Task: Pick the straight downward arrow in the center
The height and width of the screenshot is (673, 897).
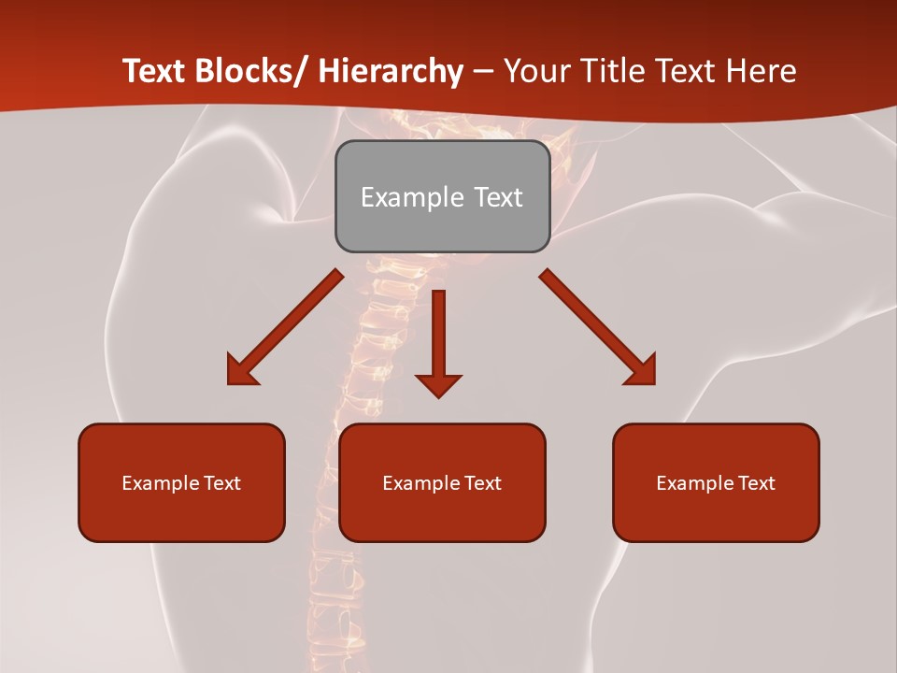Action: click(439, 341)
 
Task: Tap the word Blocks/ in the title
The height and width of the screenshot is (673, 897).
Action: click(254, 71)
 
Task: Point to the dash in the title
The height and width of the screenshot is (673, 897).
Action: click(483, 71)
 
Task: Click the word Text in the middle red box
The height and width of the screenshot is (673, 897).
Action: click(481, 483)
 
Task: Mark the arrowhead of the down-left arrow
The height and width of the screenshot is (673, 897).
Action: click(241, 371)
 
